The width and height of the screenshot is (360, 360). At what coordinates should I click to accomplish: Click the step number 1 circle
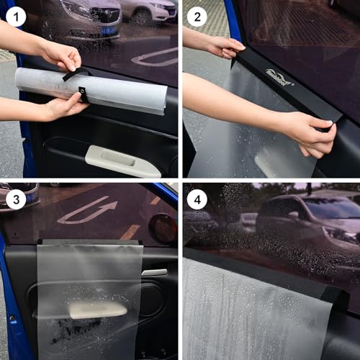(x=16, y=15)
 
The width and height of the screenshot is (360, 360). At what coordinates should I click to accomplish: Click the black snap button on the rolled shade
(x=82, y=95)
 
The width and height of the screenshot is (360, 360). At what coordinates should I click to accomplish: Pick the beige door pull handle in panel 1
(x=122, y=160)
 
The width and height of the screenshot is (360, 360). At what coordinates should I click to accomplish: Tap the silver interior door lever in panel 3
(x=154, y=272)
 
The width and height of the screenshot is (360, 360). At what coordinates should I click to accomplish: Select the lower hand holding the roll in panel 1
(x=61, y=107)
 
